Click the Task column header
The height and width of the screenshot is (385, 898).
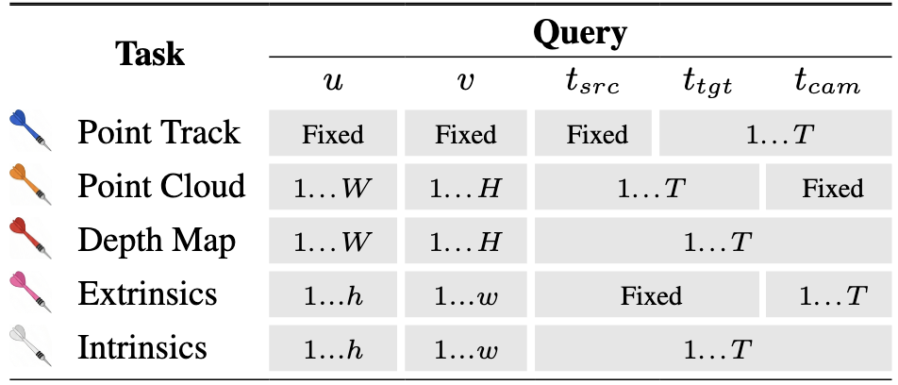click(150, 54)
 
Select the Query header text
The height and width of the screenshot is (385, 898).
click(579, 34)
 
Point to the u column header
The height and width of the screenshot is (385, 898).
click(333, 84)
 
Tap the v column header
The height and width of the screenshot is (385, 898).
click(465, 84)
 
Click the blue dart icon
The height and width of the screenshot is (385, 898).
click(29, 133)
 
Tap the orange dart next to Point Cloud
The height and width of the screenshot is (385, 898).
click(29, 187)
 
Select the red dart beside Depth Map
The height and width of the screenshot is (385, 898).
click(29, 241)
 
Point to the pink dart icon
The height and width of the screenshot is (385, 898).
click(29, 294)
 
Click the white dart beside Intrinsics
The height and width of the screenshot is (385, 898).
click(29, 348)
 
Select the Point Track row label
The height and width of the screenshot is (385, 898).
click(158, 133)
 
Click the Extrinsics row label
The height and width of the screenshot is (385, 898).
click(147, 294)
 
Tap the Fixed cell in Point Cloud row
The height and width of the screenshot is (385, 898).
click(832, 188)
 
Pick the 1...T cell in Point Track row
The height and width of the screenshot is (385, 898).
click(779, 134)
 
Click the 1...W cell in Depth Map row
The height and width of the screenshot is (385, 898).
click(333, 242)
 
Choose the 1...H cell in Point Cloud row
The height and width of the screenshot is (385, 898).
click(465, 188)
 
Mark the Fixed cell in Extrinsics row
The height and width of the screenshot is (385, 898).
click(650, 295)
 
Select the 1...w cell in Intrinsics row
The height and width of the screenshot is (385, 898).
click(465, 349)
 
